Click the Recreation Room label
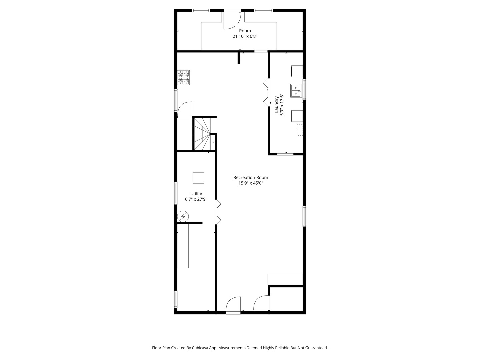pos(251,177)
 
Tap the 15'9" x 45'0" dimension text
pos(251,183)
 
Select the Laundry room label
pos(276,104)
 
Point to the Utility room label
pos(196,194)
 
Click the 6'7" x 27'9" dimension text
pos(196,199)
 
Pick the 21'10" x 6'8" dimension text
pos(245,36)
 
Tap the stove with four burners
pos(183,77)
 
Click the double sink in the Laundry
pos(296,90)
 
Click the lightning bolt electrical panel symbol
pos(183,216)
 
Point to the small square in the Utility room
pos(198,178)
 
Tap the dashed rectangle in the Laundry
pos(300,130)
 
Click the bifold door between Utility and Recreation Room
pos(218,212)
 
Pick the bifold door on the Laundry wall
pos(266,92)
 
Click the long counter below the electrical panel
pos(183,246)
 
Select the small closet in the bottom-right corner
pos(286,299)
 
